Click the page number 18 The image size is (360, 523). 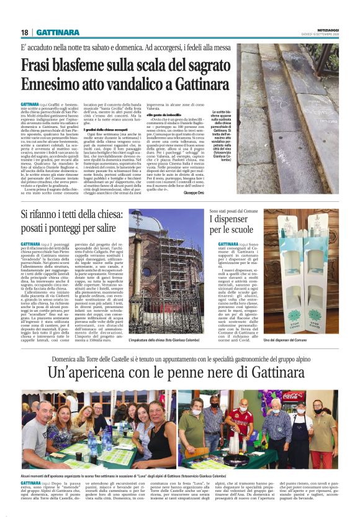tap(24, 32)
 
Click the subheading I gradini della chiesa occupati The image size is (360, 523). tap(111, 129)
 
